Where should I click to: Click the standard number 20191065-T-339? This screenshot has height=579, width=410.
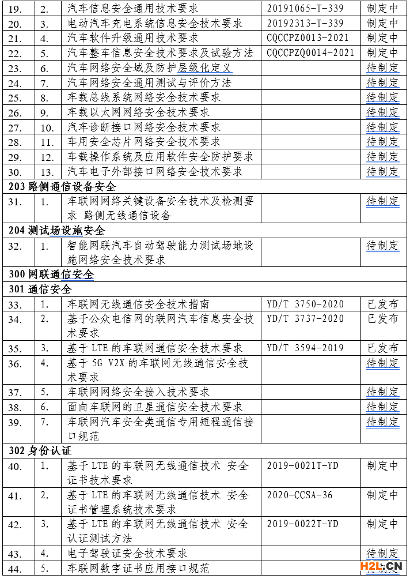[x=305, y=9]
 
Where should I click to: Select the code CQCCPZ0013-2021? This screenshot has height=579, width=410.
[x=310, y=38]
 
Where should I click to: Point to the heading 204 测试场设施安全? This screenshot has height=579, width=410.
[x=57, y=231]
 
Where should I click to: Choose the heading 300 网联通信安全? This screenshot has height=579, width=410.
[x=51, y=275]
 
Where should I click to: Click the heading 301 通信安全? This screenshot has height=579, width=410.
[x=40, y=289]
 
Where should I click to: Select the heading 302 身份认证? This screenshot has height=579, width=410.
[x=40, y=450]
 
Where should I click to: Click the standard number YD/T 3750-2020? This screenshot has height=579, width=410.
[x=305, y=304]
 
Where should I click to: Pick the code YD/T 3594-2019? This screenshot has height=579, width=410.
[x=305, y=348]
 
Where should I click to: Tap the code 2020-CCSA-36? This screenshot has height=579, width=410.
[x=300, y=495]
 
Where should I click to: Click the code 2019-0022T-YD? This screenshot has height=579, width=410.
[x=303, y=524]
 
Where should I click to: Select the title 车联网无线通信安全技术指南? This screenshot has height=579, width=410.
[x=138, y=304]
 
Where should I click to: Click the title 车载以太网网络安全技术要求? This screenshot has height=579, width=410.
[x=138, y=112]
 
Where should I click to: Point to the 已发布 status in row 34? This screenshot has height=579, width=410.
[x=383, y=319]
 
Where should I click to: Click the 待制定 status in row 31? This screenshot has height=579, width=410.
[x=383, y=201]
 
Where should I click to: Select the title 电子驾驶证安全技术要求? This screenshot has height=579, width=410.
[x=127, y=554]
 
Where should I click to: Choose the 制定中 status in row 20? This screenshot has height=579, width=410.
[x=383, y=24]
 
